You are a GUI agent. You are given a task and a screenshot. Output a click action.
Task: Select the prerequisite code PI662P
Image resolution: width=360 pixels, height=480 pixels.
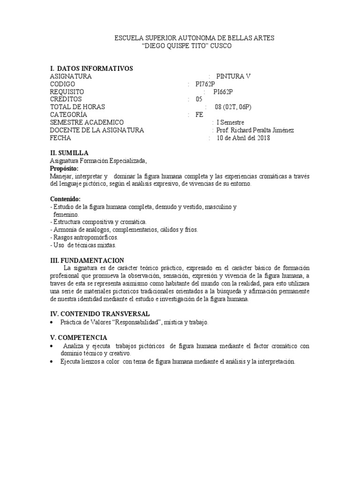pyautogui.click(x=223, y=91)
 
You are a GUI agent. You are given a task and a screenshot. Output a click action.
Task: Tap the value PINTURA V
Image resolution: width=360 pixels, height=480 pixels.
pyautogui.click(x=233, y=76)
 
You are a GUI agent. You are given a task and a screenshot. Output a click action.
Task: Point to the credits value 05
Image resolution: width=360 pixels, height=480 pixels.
pyautogui.click(x=199, y=99)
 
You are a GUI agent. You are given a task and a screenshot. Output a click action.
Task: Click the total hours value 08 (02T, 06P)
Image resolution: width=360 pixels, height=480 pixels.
pyautogui.click(x=233, y=107)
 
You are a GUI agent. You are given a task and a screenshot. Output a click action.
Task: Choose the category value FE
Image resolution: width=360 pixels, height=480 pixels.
pyautogui.click(x=200, y=114)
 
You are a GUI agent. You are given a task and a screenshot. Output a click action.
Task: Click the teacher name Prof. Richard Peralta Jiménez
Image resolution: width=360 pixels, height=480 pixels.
pyautogui.click(x=255, y=130)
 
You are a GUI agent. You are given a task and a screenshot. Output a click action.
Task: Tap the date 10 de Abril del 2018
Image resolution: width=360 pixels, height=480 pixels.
pyautogui.click(x=243, y=138)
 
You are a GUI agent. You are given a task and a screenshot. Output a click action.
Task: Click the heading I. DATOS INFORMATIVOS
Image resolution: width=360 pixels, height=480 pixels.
pyautogui.click(x=91, y=68)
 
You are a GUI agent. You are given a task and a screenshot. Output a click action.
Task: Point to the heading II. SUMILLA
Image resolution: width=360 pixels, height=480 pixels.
pyautogui.click(x=69, y=153)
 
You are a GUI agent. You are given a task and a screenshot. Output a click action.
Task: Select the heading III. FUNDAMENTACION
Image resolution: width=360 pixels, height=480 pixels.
pyautogui.click(x=87, y=260)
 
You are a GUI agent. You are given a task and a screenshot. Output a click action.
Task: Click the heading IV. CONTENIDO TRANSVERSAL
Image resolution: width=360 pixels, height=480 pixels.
pyautogui.click(x=100, y=313)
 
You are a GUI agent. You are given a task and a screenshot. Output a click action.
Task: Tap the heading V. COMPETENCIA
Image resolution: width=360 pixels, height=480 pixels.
pyautogui.click(x=79, y=337)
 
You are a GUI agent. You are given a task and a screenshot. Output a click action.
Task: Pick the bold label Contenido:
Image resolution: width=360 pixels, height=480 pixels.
pyautogui.click(x=65, y=199)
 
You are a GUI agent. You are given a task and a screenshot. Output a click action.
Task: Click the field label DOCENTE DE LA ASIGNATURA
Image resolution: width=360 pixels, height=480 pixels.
pyautogui.click(x=97, y=130)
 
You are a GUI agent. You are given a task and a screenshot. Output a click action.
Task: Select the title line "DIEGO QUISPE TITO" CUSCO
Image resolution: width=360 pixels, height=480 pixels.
pyautogui.click(x=186, y=46)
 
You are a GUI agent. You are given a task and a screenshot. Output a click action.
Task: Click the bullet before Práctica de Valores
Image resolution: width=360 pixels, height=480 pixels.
pyautogui.click(x=51, y=323)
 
